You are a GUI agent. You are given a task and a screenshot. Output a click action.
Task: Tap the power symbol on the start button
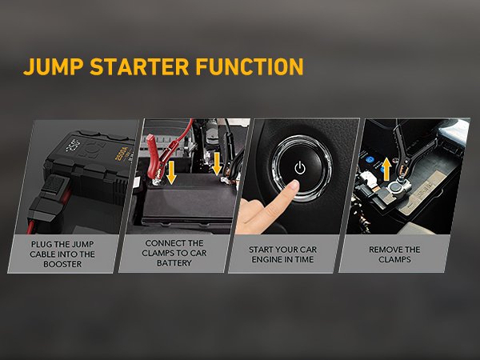[x=300, y=168]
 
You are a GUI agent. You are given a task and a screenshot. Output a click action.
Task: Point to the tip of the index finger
[x=294, y=186]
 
